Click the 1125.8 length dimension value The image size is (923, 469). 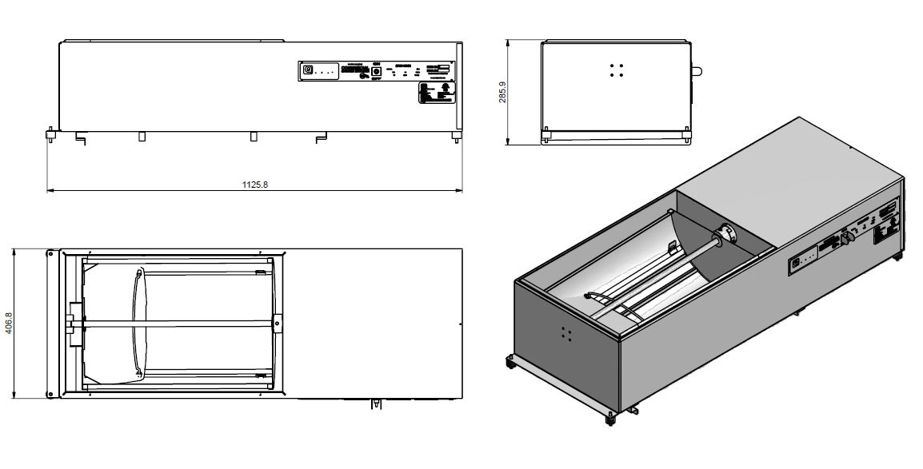(254, 185)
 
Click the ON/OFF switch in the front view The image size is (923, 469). (376, 72)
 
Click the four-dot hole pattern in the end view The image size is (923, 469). (617, 70)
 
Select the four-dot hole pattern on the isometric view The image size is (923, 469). (566, 333)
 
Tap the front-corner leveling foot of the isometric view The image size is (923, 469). (612, 415)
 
